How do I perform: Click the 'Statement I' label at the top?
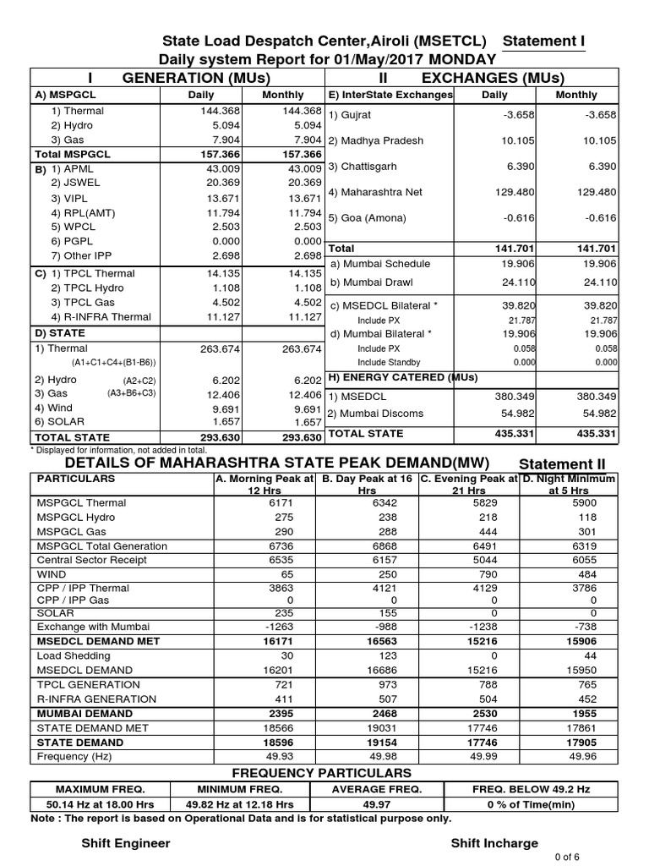click(x=543, y=41)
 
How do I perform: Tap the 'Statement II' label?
click(x=562, y=464)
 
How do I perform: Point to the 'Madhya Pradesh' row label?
click(x=376, y=140)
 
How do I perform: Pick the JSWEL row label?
click(x=75, y=182)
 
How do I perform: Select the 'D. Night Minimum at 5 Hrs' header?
click(x=569, y=484)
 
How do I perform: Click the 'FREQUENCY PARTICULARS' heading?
click(x=322, y=773)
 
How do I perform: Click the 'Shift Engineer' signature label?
click(x=125, y=843)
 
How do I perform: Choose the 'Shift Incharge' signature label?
click(x=494, y=843)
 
